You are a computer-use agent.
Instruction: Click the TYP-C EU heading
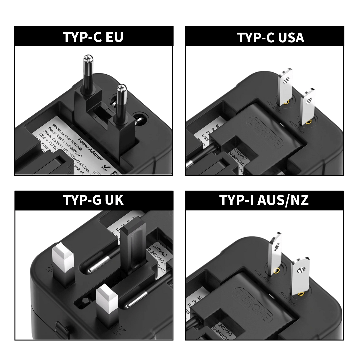coord(93,37)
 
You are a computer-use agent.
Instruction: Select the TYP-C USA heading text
coord(270,37)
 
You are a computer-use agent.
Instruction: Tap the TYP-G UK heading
coord(93,200)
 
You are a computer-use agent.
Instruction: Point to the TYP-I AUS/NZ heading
coord(264,200)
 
